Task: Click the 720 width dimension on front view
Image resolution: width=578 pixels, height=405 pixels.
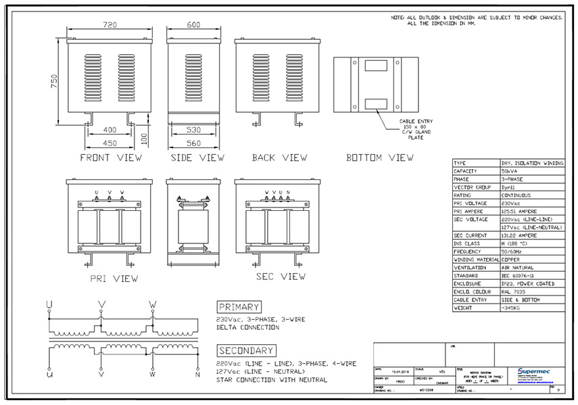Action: click(x=110, y=24)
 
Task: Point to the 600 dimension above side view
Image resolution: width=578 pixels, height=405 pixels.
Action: click(x=194, y=24)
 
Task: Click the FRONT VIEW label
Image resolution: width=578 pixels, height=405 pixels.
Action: click(x=111, y=158)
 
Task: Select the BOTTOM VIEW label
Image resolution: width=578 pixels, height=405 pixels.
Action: click(x=380, y=158)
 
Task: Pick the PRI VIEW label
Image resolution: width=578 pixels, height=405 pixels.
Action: click(x=114, y=278)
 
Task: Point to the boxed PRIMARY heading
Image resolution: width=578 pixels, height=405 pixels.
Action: click(x=239, y=307)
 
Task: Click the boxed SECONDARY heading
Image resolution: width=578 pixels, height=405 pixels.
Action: click(x=245, y=350)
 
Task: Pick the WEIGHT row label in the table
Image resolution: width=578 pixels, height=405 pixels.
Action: click(x=463, y=308)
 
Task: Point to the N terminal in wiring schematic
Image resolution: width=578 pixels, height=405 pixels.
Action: click(x=197, y=373)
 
